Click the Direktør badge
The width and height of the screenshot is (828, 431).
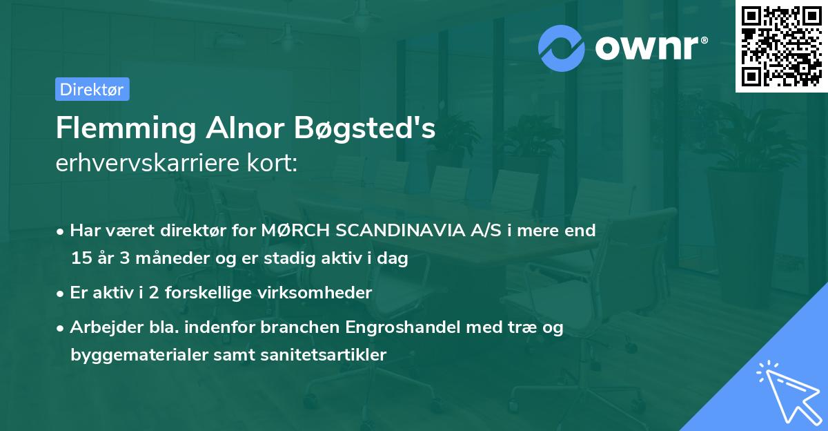(92, 89)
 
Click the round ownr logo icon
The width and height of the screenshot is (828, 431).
(562, 48)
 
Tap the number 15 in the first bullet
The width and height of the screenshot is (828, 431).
(80, 259)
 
